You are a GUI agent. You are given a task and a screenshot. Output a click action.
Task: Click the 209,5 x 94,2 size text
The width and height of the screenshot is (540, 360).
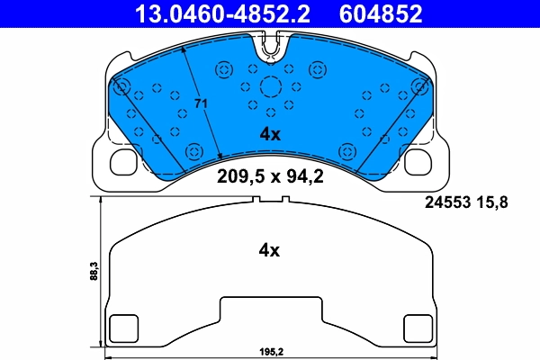tap(270, 176)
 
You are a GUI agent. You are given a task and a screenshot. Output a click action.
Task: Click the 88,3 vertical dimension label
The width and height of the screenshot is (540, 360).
tap(93, 271)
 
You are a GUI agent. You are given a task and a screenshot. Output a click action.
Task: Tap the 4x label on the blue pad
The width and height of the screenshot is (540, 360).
tap(270, 134)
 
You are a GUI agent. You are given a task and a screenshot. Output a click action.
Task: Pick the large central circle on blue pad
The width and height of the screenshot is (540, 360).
tap(271, 87)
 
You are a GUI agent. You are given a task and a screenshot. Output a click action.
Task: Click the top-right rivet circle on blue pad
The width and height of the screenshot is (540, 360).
tap(418, 87)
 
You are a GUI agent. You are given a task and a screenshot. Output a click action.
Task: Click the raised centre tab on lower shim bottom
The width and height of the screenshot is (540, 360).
tap(270, 310)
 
